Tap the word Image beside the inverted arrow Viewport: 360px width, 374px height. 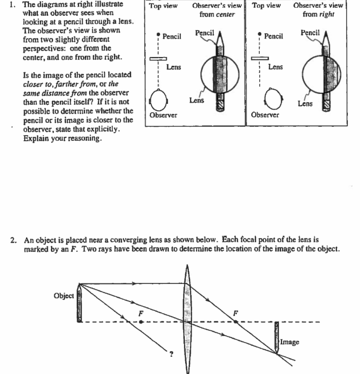click(x=290, y=342)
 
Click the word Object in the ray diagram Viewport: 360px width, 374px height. click(x=64, y=296)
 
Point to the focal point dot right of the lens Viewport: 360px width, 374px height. click(x=236, y=322)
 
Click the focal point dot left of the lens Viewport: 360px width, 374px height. click(x=141, y=322)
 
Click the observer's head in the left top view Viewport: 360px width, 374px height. click(x=158, y=99)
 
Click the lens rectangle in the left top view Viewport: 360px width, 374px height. click(x=158, y=58)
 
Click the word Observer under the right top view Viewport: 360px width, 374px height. click(x=265, y=115)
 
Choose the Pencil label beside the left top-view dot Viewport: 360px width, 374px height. click(x=172, y=36)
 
